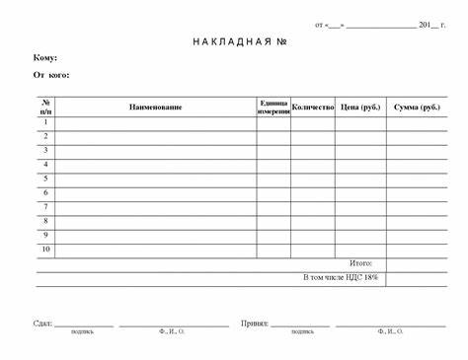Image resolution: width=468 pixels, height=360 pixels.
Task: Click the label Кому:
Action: click(x=45, y=58)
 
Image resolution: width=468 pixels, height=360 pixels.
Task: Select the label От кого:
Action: click(x=51, y=74)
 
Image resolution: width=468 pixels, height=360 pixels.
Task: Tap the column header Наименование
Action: click(x=155, y=107)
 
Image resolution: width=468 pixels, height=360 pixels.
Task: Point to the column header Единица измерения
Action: click(x=273, y=107)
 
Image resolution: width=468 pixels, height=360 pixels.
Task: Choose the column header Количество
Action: click(x=312, y=106)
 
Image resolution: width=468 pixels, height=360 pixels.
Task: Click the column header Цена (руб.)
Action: click(x=359, y=107)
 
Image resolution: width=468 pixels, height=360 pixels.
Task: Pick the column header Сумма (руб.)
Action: click(x=417, y=107)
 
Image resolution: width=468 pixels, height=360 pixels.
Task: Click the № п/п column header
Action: click(x=46, y=107)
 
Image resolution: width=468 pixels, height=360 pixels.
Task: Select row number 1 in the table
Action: click(x=45, y=122)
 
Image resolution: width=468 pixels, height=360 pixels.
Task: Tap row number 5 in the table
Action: click(x=45, y=179)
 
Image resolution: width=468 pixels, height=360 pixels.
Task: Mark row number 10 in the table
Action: click(x=45, y=250)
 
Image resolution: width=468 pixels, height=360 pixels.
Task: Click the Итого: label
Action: click(x=360, y=264)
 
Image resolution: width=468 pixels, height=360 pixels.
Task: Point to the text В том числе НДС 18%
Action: click(x=340, y=278)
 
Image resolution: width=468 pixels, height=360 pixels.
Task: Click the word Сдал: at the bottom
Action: click(x=41, y=323)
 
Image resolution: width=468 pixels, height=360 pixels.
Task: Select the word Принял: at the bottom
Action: click(x=255, y=323)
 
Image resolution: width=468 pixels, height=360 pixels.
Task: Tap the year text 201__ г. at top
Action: click(x=432, y=25)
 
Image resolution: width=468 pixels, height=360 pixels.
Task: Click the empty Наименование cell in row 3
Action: click(x=155, y=150)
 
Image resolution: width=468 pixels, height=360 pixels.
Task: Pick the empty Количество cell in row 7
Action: click(x=312, y=207)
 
